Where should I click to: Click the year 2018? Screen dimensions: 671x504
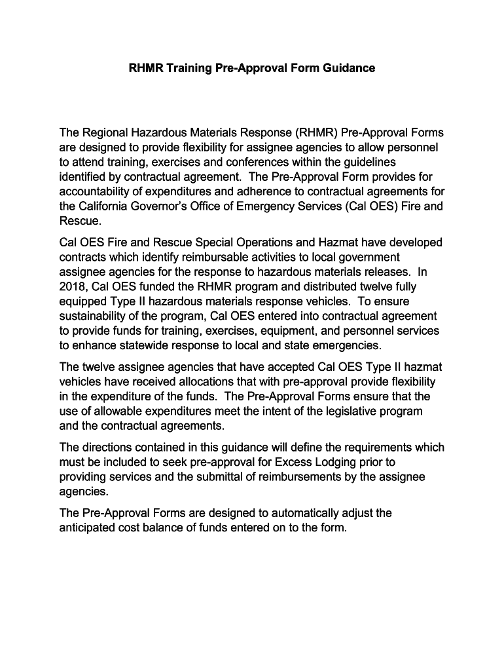73,287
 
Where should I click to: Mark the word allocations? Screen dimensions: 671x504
205,382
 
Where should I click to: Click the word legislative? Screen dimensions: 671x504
333,412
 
